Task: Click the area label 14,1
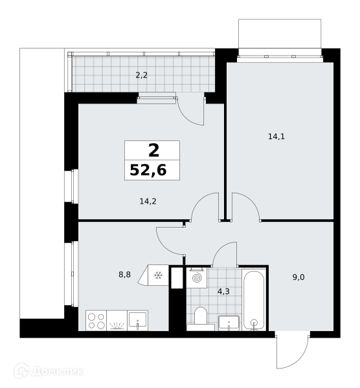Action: click(x=276, y=136)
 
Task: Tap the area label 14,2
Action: click(x=148, y=201)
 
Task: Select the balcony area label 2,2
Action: click(x=141, y=75)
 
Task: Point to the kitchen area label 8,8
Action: click(x=124, y=274)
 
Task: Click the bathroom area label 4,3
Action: click(x=223, y=292)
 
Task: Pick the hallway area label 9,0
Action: click(x=298, y=277)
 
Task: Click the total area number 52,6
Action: click(x=148, y=170)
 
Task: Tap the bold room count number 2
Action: click(x=153, y=151)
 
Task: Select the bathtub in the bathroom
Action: click(x=254, y=300)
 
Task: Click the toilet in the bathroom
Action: click(x=201, y=317)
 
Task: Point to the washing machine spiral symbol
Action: click(x=197, y=278)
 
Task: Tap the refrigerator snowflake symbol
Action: click(x=158, y=275)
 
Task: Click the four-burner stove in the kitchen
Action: click(x=96, y=321)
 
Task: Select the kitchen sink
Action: click(x=138, y=321)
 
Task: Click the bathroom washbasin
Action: click(x=229, y=323)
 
